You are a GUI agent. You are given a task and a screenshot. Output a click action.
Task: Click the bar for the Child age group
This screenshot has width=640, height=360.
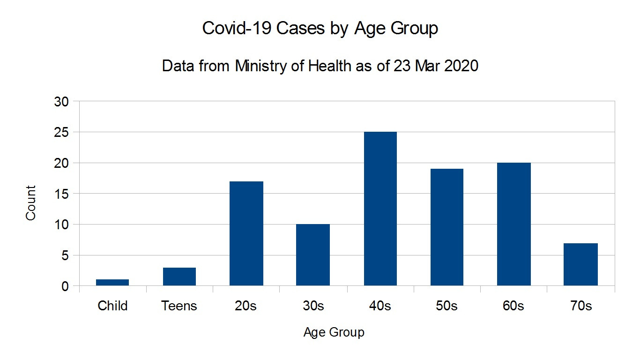tap(112, 282)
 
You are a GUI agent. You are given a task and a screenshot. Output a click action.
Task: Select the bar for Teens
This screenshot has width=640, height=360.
tap(179, 277)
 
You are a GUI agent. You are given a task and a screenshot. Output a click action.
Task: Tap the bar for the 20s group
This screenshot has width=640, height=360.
tap(246, 233)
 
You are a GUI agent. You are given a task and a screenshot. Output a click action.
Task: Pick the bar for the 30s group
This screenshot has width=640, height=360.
tap(313, 255)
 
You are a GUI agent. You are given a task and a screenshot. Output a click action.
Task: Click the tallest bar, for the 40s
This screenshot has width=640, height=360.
tap(380, 209)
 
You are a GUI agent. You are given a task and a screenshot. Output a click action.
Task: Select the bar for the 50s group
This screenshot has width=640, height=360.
tap(447, 227)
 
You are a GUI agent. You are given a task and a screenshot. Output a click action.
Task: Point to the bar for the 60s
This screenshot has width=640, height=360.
tap(513, 224)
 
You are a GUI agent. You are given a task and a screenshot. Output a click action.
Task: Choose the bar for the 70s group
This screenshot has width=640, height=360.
tap(580, 264)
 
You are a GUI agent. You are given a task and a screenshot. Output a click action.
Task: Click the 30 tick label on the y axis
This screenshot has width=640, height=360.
tap(63, 102)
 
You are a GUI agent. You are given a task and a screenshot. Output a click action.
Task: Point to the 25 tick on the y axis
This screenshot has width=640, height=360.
tap(63, 133)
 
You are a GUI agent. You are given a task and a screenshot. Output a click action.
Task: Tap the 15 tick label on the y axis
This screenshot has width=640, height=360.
tap(63, 194)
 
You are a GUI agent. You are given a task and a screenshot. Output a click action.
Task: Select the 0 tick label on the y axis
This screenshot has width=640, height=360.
tap(66, 286)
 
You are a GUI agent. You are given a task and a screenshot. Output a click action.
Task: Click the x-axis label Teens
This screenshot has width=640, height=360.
tap(179, 306)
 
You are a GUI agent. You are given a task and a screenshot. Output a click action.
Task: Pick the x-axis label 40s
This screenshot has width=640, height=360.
tap(380, 306)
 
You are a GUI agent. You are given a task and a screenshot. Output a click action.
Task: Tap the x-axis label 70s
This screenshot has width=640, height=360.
tap(580, 306)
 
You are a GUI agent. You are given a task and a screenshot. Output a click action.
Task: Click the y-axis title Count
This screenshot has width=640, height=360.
tap(31, 203)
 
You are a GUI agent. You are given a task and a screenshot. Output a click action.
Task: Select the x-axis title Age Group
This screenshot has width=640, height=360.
tap(334, 333)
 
